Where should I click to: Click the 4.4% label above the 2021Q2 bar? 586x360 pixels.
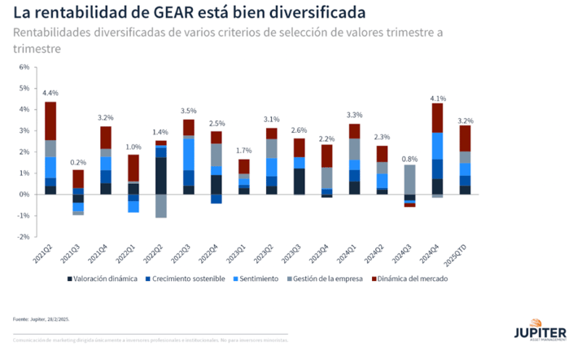tap(50, 93)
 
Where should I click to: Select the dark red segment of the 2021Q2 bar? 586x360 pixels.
tap(50, 121)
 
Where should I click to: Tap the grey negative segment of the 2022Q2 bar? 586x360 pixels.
tap(161, 206)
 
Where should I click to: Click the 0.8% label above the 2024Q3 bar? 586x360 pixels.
tap(409, 158)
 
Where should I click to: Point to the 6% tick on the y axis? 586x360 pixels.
tap(24, 67)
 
